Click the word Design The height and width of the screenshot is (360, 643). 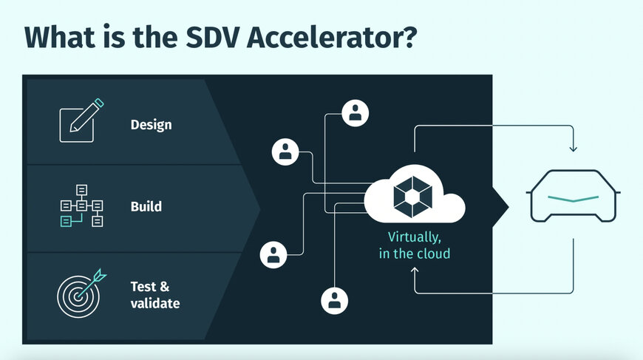click(151, 124)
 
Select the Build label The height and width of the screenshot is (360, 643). click(146, 206)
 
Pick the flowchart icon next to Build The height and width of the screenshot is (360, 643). click(81, 206)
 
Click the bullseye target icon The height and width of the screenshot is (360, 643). click(77, 293)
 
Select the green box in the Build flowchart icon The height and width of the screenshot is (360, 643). click(67, 220)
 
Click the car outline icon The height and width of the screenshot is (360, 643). click(573, 196)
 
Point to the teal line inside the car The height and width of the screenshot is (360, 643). click(573, 198)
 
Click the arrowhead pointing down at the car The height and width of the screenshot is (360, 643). click(573, 149)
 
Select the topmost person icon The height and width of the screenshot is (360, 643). click(355, 113)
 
